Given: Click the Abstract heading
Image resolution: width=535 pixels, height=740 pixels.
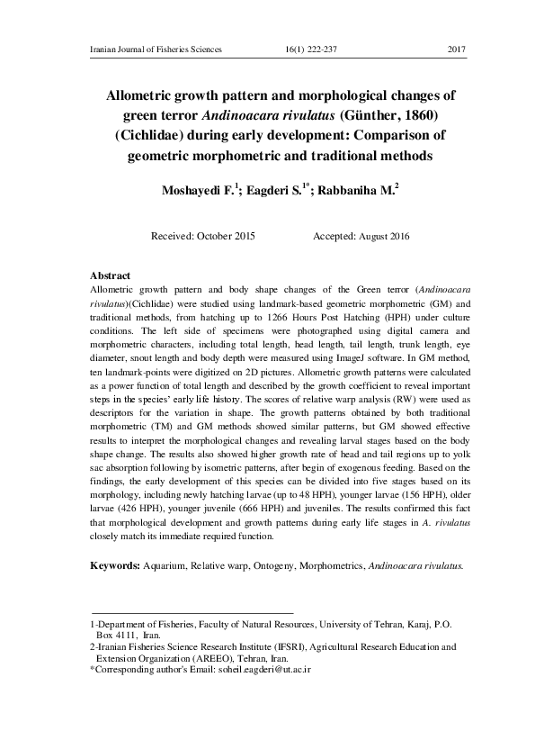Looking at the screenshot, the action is click(x=111, y=275).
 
